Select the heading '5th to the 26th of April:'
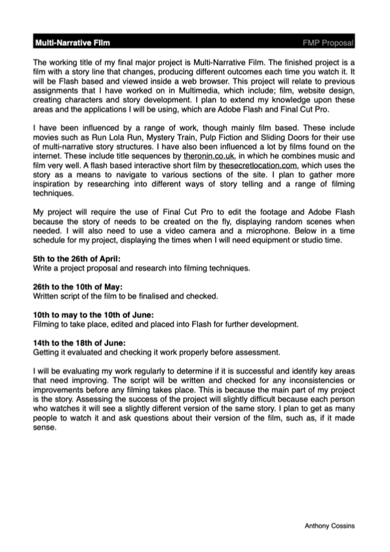click(77, 260)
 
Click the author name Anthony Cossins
click(330, 526)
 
